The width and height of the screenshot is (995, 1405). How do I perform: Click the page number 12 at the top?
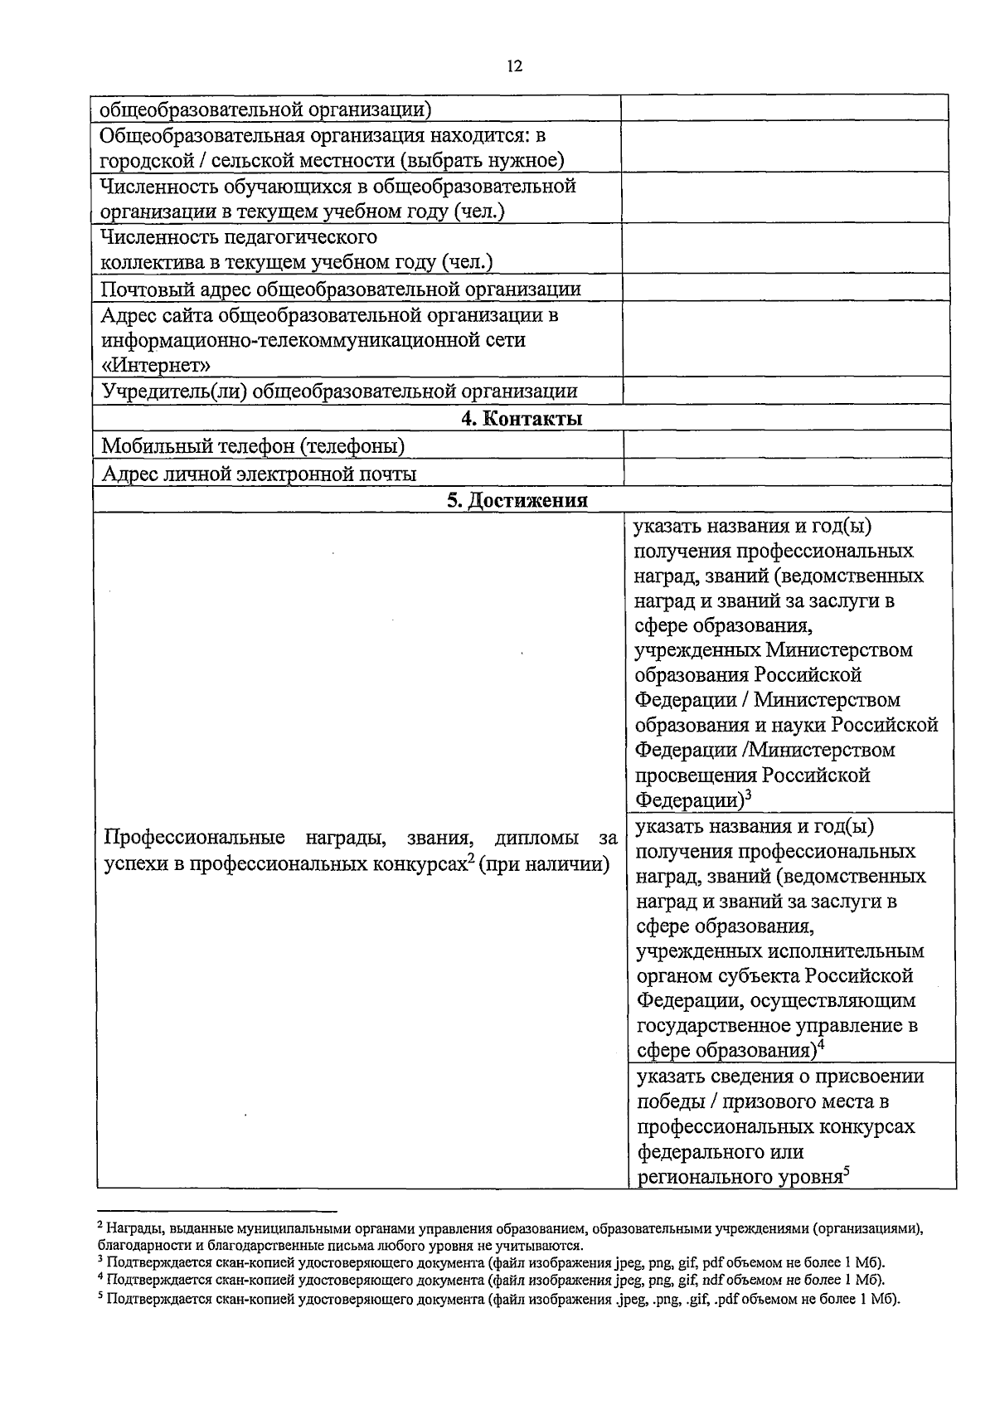[514, 67]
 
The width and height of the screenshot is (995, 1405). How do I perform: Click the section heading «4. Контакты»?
[522, 419]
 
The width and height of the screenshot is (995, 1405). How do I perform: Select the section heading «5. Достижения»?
[522, 500]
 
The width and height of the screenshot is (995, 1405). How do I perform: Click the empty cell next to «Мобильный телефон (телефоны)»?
[786, 445]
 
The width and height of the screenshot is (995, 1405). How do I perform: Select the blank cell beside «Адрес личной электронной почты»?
[786, 473]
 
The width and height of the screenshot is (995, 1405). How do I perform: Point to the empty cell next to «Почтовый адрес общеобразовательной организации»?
[786, 288]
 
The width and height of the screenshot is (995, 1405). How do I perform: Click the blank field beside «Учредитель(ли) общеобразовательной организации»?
[786, 391]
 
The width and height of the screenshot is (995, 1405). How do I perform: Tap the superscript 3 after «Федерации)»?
[748, 795]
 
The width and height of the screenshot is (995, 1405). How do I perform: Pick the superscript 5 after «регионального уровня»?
[847, 1171]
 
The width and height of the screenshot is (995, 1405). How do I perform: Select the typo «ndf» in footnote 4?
[712, 1281]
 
